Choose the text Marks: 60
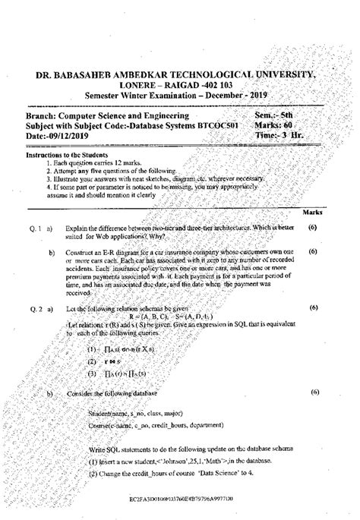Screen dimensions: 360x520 pos(277,124)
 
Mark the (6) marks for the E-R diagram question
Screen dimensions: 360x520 pos(313,251)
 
